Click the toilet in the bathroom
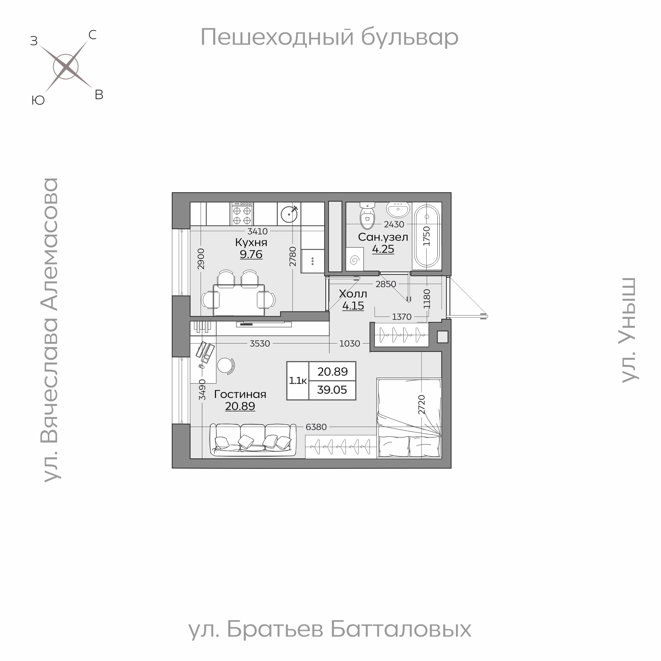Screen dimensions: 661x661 tap(368, 217)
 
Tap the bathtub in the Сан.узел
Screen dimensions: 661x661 tap(427, 236)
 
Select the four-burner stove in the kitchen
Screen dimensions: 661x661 tap(242, 214)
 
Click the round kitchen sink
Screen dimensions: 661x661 tap(289, 214)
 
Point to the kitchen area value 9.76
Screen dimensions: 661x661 tap(251, 254)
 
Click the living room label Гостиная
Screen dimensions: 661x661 tap(240, 395)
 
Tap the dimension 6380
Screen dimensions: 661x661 tap(316, 427)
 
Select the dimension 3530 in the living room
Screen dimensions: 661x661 tap(260, 343)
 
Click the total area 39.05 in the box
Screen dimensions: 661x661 tap(332, 390)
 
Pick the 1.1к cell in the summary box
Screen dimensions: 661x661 tap(298, 381)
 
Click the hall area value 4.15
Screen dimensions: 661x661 tap(353, 306)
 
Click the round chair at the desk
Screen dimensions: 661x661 tap(225, 366)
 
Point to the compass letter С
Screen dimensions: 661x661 tap(92, 35)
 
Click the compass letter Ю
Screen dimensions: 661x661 tap(38, 100)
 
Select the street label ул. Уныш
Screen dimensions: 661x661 tap(629, 330)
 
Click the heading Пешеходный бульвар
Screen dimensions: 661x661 tap(329, 37)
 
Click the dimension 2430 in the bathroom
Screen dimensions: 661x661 tap(394, 224)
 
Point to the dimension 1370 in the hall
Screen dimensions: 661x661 tap(401, 317)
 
